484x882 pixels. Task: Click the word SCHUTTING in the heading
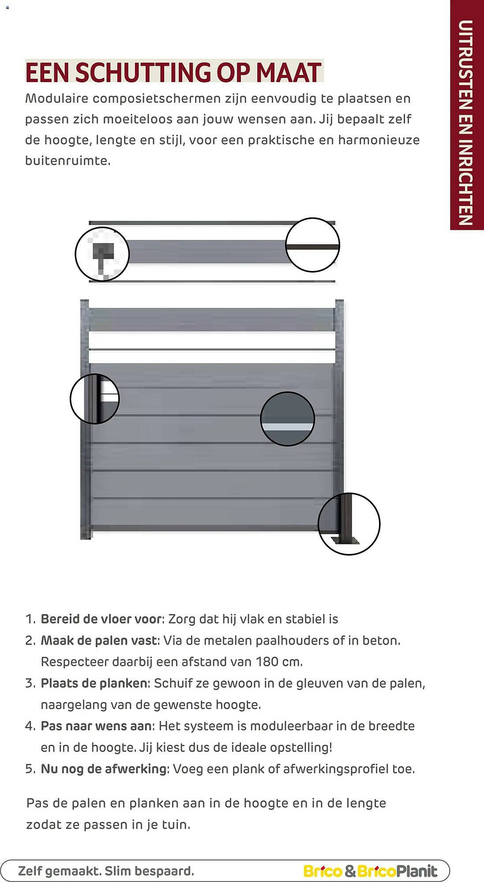[x=143, y=73]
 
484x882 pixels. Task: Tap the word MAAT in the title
[x=289, y=73]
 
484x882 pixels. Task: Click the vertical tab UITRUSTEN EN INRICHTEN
[x=466, y=123]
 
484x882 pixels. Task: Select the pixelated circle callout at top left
[x=102, y=254]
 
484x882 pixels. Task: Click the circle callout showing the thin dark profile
[x=312, y=245]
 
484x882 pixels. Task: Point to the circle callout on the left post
[x=95, y=399]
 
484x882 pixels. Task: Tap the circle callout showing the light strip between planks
[x=287, y=419]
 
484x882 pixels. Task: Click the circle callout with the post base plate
[x=349, y=524]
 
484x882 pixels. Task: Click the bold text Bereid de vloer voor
[x=101, y=619]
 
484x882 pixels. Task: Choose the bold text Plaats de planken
[x=94, y=683]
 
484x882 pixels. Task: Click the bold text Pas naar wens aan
[x=96, y=726]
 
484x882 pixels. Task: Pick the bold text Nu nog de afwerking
[x=104, y=769]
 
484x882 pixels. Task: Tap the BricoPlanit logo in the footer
[x=370, y=871]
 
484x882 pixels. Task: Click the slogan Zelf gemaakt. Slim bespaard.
[x=106, y=871]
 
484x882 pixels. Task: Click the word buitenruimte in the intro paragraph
[x=67, y=161]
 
